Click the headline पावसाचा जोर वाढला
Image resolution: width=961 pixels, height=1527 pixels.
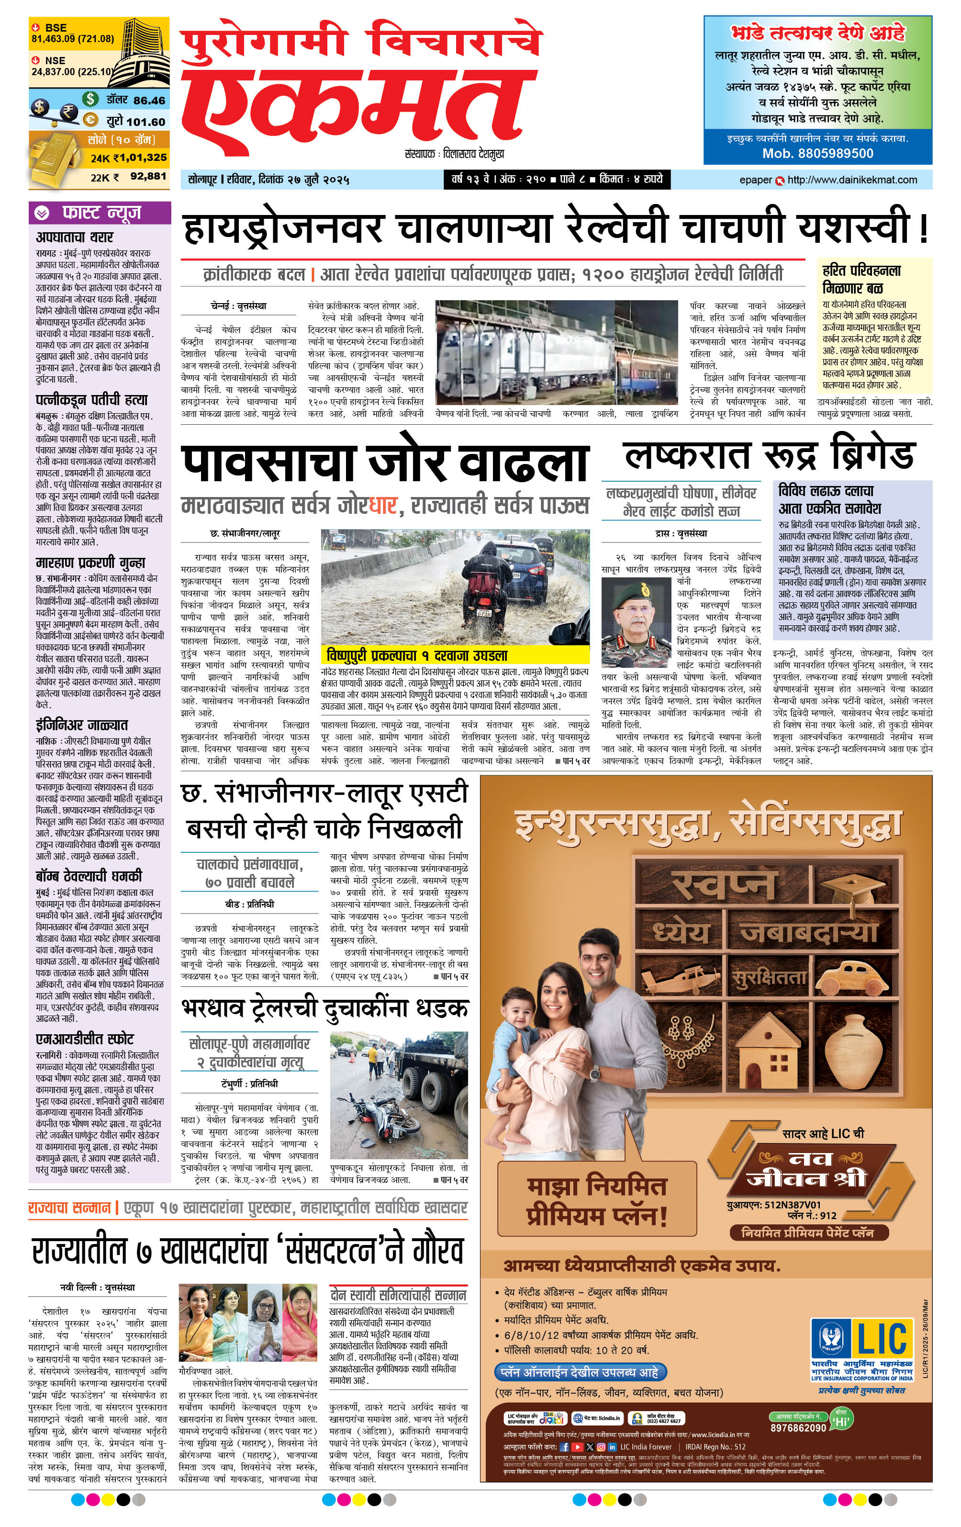coord(384,462)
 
